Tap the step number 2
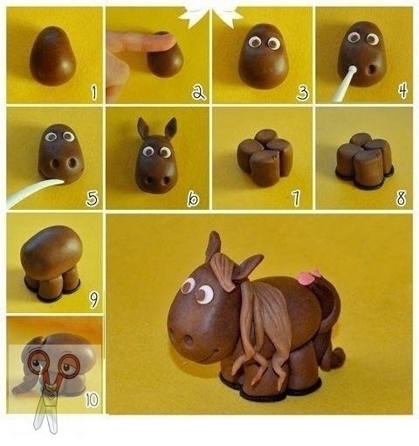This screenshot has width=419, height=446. point(198,91)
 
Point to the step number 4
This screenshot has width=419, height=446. point(402,90)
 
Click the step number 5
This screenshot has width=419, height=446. point(92,199)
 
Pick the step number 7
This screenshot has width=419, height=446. point(296,199)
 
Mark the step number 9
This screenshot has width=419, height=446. point(93,299)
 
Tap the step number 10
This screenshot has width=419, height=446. point(91,400)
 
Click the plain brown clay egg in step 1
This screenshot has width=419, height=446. point(52,57)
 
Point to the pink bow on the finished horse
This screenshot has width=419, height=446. point(307,278)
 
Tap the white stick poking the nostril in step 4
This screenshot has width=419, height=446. point(345,83)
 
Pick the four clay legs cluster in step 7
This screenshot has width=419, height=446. point(264,157)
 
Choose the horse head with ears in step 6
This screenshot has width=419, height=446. point(157,157)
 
